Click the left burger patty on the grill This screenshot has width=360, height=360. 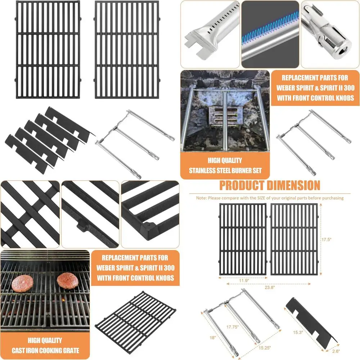coord(22,284)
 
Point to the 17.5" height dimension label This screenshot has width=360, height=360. coord(326,239)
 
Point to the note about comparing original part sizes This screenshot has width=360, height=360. coord(270,198)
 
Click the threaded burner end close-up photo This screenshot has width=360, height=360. coord(330,34)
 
